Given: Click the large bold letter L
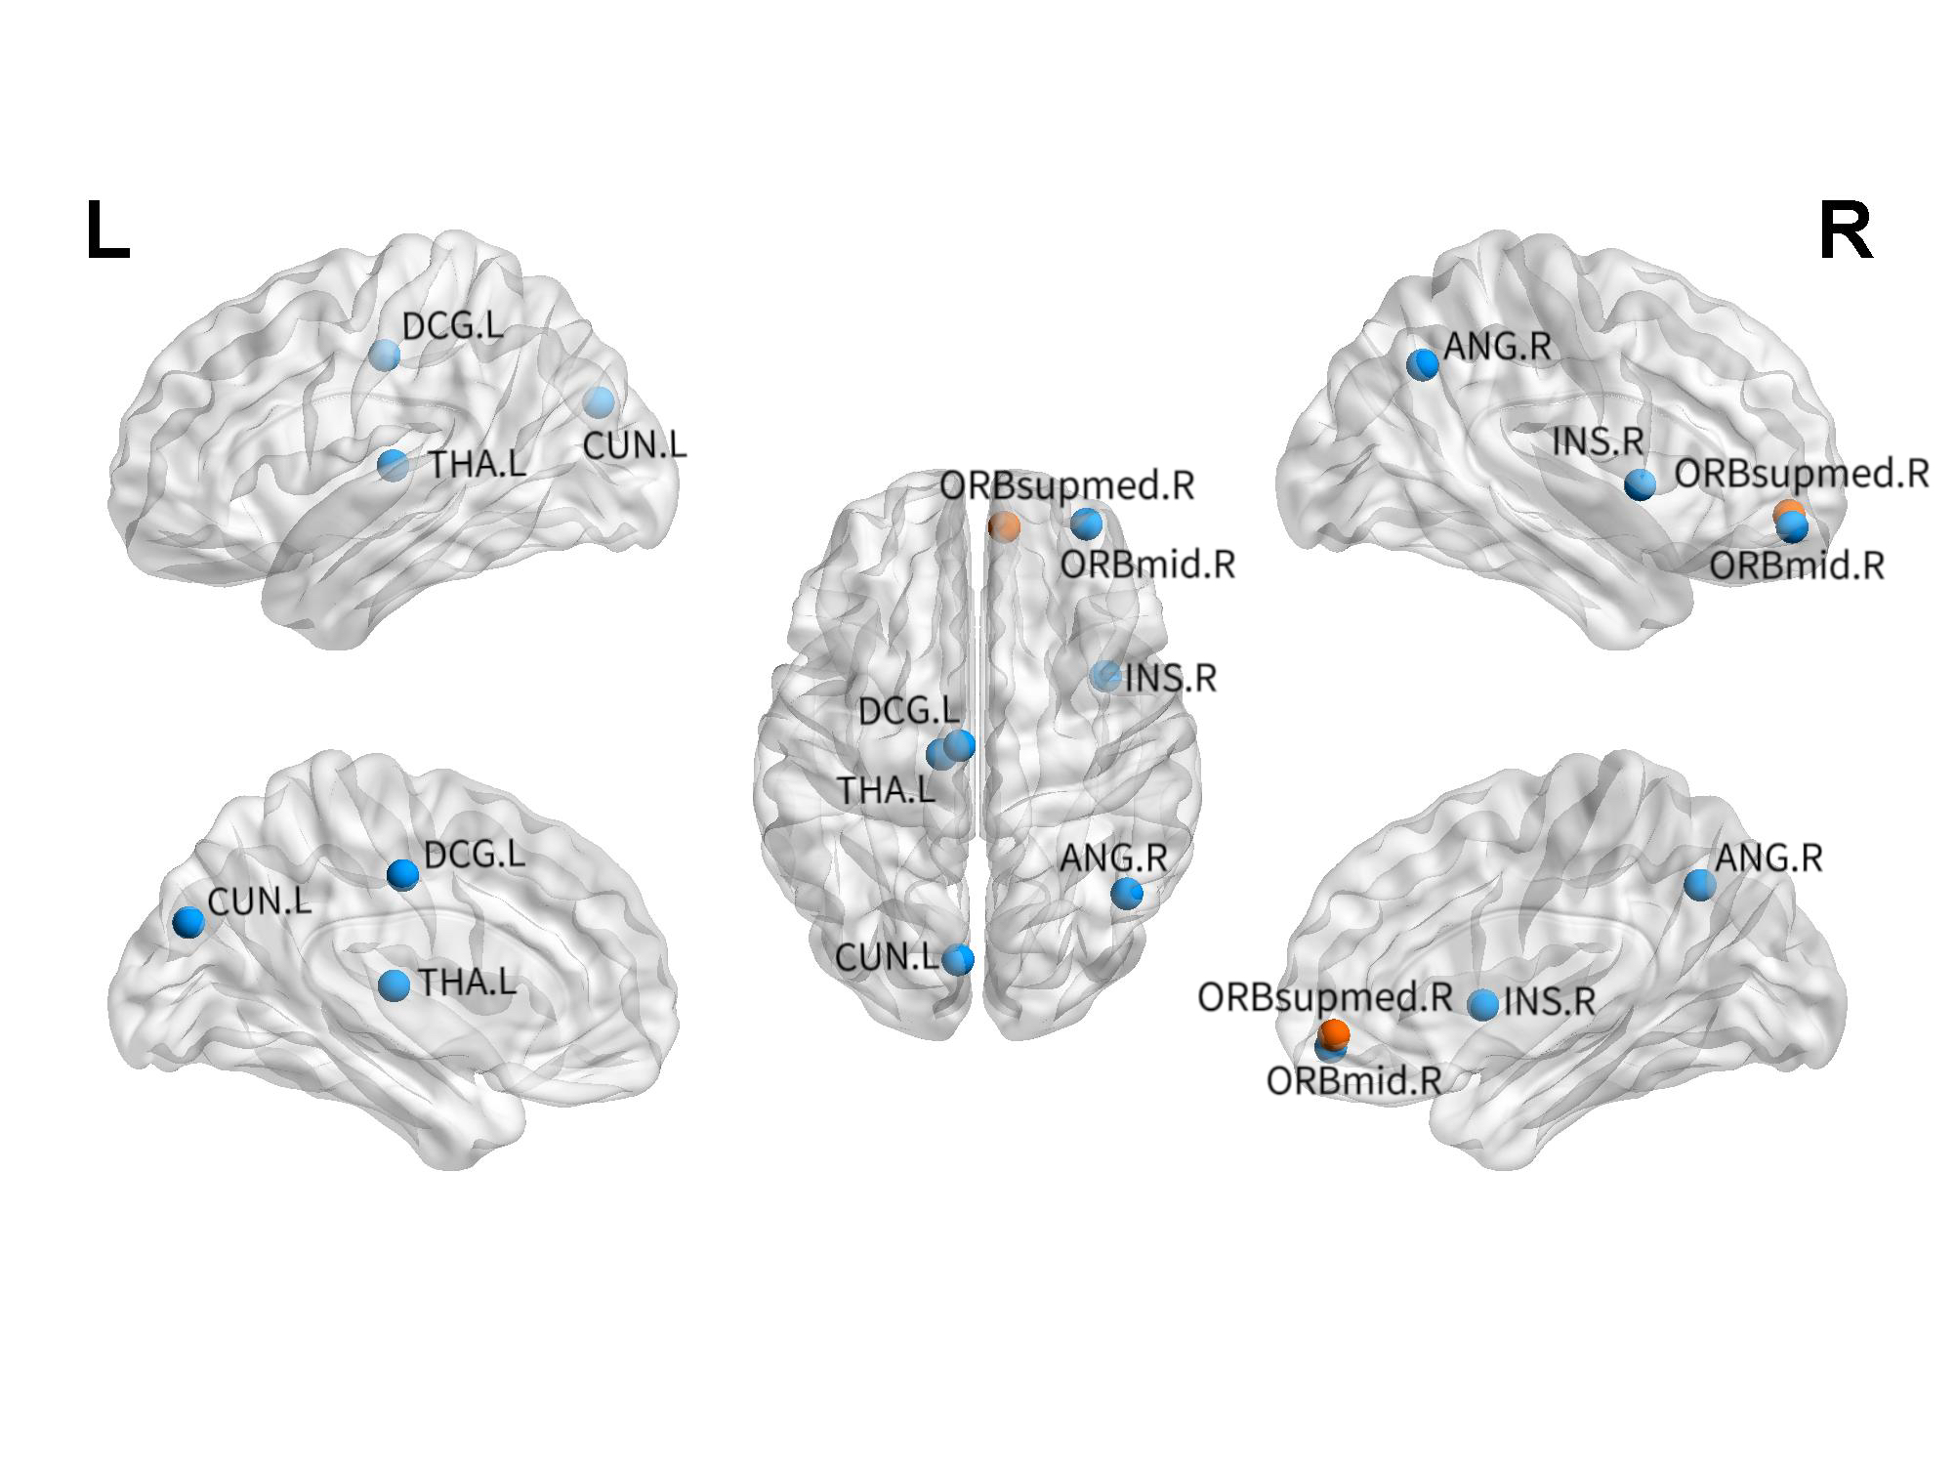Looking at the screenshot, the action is pos(107,231).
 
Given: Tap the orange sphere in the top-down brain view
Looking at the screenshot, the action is pos(1004,525).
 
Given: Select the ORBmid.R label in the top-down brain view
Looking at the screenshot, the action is pos(1147,565).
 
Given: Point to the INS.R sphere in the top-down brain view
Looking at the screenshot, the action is pos(1105,675).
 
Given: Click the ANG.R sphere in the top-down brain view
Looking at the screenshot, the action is pos(1127,892).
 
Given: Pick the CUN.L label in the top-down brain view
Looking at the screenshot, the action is pos(887,958).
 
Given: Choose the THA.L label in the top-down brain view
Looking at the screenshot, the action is pos(887,789).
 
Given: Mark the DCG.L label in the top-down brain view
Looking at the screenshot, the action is pos(908,711).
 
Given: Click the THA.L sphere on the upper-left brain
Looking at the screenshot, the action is pos(394,465).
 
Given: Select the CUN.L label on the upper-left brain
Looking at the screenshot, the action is pos(635,446).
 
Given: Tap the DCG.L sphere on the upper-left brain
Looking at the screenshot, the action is pos(385,355).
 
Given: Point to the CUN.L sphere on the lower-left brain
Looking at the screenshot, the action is pos(188,921).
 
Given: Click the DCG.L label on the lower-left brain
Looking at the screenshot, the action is pos(475,856).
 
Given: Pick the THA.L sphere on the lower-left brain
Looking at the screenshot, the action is pos(395,984).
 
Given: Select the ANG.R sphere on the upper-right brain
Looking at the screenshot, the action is pos(1423,364).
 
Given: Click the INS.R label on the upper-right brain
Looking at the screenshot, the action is pos(1599,441).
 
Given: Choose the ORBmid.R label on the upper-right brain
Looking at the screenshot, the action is pos(1797,565).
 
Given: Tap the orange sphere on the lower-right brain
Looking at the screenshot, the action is pos(1335,1032).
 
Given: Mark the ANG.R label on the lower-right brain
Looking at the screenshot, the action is pos(1768,859).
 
